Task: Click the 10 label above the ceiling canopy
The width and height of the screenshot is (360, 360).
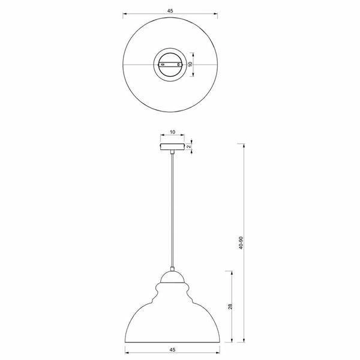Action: [172, 131]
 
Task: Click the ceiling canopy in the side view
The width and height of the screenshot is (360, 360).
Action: [172, 146]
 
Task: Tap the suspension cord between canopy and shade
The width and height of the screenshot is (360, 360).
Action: [172, 210]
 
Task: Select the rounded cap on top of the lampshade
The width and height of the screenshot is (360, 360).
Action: [172, 277]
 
